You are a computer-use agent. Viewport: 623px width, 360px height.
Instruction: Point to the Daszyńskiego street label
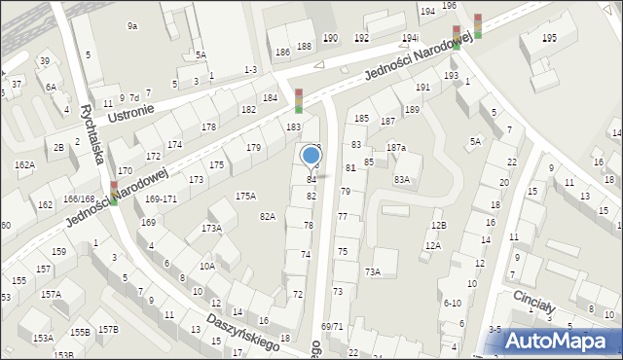coord(242,330)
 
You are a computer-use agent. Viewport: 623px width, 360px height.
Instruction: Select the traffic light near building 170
coord(114,193)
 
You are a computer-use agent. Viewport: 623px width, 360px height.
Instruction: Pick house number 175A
coord(245,196)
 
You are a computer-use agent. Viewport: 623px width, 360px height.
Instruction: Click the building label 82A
coord(268,216)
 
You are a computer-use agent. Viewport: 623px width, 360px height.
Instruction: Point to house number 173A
coord(211,228)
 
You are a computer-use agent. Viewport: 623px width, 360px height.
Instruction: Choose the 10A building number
coord(206,266)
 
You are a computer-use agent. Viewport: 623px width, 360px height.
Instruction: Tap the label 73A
coord(372,271)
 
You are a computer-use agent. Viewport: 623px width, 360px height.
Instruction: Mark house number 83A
coord(401,180)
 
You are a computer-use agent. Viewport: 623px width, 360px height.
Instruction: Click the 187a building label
coord(395,147)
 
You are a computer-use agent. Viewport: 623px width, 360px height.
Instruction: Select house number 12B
coord(439,225)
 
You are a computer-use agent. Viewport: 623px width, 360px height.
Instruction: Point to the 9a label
coord(132,26)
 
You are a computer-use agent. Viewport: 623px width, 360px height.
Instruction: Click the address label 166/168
coord(78,199)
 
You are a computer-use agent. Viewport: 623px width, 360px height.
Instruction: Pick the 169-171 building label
coord(161,198)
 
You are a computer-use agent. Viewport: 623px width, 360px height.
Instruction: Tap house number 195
coord(549,37)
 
